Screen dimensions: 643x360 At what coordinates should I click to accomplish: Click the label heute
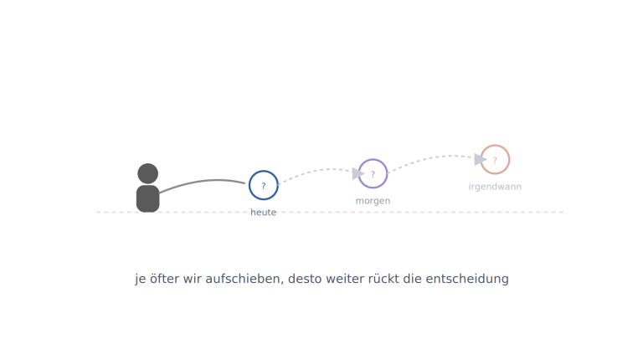263,213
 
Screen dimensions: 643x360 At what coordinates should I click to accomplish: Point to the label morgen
373,201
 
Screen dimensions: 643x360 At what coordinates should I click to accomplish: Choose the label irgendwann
495,187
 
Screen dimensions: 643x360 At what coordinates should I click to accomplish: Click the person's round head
148,173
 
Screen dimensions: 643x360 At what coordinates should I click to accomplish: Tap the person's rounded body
148,199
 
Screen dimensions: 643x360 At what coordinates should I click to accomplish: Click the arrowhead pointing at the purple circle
358,173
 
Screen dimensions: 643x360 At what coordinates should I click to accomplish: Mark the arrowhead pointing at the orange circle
481,160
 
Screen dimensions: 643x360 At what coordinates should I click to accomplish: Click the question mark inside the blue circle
264,186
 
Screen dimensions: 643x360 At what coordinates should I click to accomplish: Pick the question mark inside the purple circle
373,174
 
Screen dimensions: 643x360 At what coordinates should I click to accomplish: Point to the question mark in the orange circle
495,160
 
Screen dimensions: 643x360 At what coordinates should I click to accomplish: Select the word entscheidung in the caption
467,279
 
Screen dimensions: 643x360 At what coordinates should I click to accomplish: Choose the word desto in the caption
301,279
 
